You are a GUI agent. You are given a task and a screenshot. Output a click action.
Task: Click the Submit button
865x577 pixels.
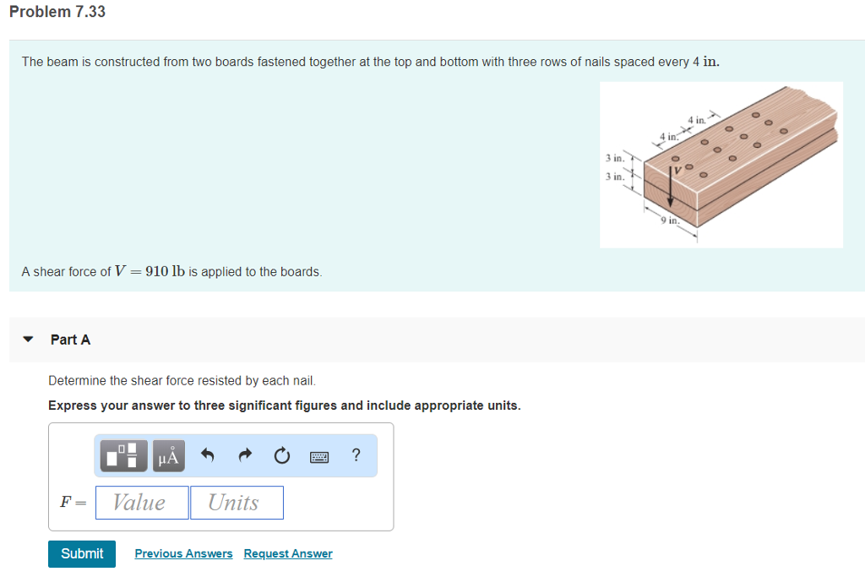(82, 553)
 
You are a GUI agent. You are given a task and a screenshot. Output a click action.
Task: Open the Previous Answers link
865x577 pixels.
(183, 553)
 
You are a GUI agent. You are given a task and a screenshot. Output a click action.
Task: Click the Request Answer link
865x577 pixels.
(288, 553)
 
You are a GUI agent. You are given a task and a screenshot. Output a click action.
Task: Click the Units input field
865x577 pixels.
(237, 503)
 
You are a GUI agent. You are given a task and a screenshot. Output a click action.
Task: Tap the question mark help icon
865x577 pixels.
(356, 456)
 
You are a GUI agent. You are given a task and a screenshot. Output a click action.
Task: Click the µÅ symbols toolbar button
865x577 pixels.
(168, 456)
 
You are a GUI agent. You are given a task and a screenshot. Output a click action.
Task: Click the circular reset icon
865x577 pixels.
(282, 456)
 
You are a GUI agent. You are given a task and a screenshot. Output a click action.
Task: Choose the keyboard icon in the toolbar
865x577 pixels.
(319, 457)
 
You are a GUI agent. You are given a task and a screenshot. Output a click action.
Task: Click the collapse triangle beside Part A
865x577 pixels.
(29, 340)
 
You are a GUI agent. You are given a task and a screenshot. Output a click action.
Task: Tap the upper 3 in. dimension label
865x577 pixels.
(614, 158)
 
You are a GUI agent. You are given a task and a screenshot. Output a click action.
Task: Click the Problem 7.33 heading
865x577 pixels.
(57, 12)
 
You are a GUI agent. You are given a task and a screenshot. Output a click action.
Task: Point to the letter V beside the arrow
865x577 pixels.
(677, 171)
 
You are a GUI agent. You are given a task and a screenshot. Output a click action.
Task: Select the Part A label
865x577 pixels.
(70, 340)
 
